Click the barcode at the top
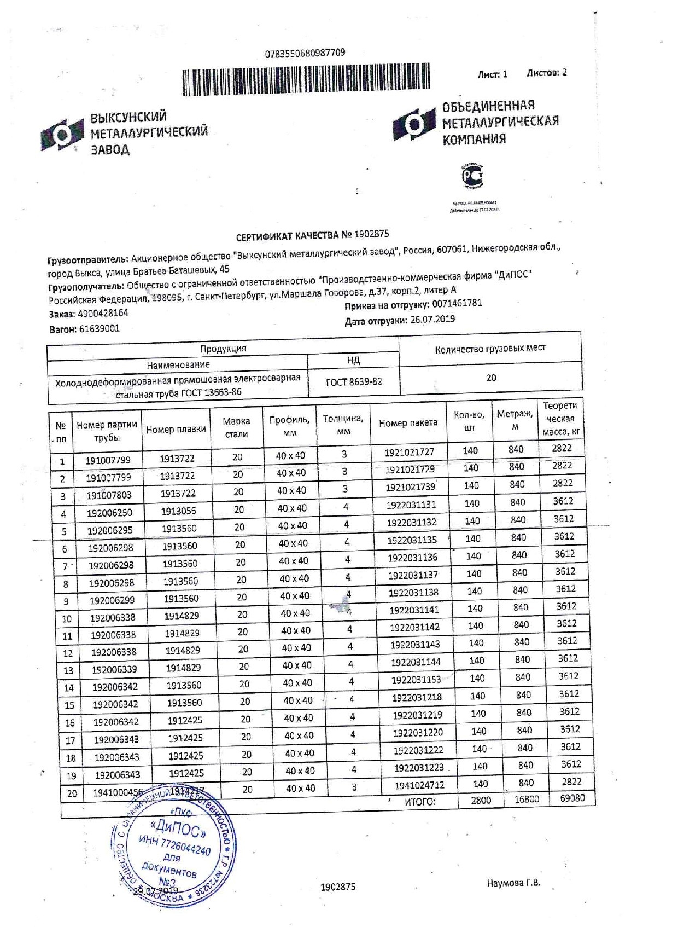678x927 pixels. pyautogui.click(x=306, y=80)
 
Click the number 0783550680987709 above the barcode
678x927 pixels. pyautogui.click(x=305, y=53)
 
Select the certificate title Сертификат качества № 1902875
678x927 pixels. pyautogui.click(x=312, y=236)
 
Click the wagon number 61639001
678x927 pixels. pyautogui.click(x=99, y=329)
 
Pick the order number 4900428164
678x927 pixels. pyautogui.click(x=103, y=314)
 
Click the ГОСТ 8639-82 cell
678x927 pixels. pyautogui.click(x=354, y=382)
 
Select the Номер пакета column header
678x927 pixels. pyautogui.click(x=408, y=423)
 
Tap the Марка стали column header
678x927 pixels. pyautogui.click(x=236, y=427)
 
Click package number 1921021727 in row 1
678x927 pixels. pyautogui.click(x=409, y=453)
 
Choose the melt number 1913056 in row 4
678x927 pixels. pyautogui.click(x=178, y=511)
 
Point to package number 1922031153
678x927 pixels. pyautogui.click(x=416, y=680)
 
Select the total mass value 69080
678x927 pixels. pyautogui.click(x=572, y=798)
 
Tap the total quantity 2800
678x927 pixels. pyautogui.click(x=481, y=800)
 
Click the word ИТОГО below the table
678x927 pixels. pyautogui.click(x=420, y=802)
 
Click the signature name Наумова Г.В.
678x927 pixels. pyautogui.click(x=513, y=883)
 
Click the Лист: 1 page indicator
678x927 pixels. pyautogui.click(x=492, y=74)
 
